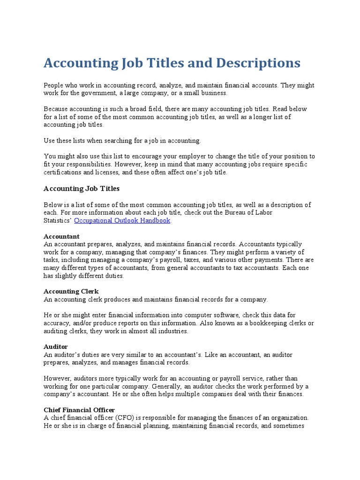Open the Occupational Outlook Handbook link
[122, 220]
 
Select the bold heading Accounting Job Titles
[82, 188]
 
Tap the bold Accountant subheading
[61, 236]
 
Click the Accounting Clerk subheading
[71, 291]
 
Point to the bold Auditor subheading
[56, 346]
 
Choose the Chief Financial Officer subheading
[79, 410]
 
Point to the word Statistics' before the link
[58, 220]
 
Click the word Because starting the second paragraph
[57, 109]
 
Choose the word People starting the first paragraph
[54, 85]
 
